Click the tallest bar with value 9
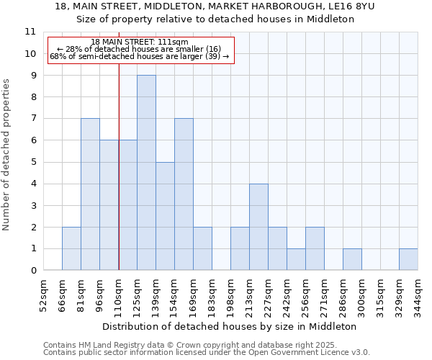[x=146, y=173]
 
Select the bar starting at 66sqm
[x=71, y=248]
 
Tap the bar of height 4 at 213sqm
[x=258, y=227]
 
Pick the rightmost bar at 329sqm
[x=408, y=259]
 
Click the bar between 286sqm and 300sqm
[x=352, y=259]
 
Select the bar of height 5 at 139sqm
[x=165, y=216]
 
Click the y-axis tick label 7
[x=33, y=119]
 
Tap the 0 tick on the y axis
[x=33, y=271]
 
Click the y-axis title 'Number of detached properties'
[x=7, y=156]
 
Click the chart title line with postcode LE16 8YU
[x=215, y=6]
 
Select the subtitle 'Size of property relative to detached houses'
[x=215, y=19]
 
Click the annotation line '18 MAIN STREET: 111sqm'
[x=140, y=42]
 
